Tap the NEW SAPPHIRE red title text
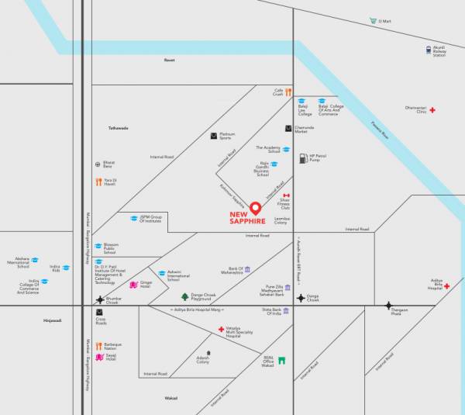[248, 218]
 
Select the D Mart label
[384, 21]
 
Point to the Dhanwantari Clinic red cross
[433, 110]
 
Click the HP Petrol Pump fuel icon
[303, 157]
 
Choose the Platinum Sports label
[226, 136]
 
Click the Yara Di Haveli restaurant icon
[98, 182]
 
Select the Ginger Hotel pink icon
[133, 285]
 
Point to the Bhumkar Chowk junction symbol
[98, 299]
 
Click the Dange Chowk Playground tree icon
[184, 296]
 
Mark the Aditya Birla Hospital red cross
[446, 286]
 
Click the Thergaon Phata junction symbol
[388, 306]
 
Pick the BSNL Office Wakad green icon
[282, 361]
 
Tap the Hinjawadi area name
[53, 320]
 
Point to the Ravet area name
[170, 60]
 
